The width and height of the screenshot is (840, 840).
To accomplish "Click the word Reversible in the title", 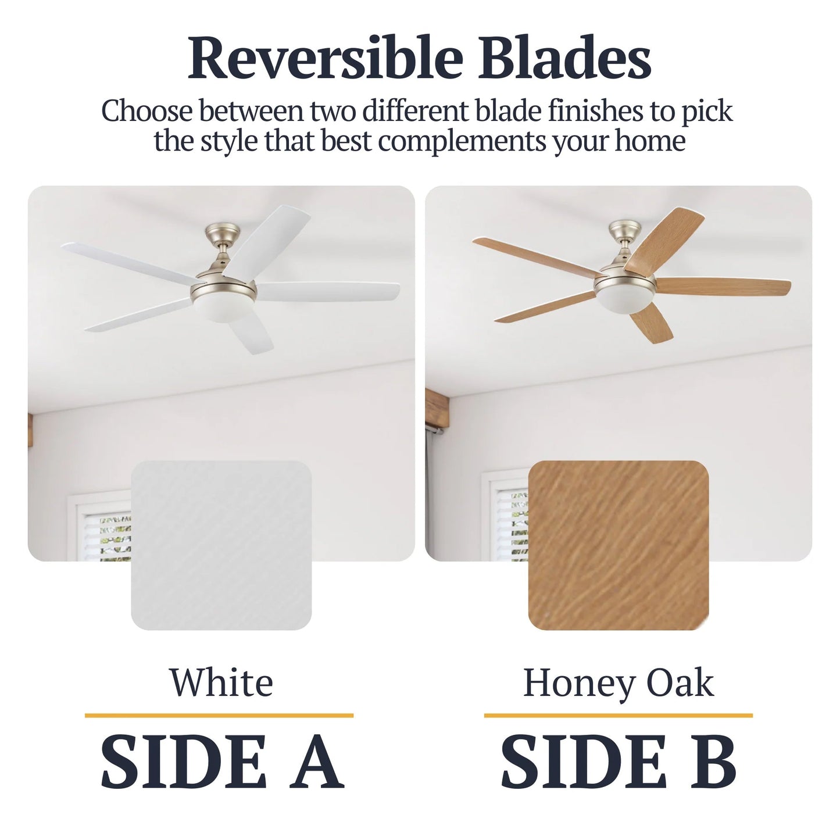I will click(x=326, y=58).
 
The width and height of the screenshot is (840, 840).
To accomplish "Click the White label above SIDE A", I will click(x=221, y=682).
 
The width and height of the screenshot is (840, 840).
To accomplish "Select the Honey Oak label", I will click(x=618, y=682).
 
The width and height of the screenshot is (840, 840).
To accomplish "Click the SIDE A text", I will click(x=221, y=761).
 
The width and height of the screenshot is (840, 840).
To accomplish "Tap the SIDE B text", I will click(x=618, y=761).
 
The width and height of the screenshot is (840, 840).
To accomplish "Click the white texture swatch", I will click(x=221, y=545).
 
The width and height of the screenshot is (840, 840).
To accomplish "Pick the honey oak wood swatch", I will click(x=618, y=545).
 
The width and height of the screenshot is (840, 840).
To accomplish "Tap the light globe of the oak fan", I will click(x=624, y=303).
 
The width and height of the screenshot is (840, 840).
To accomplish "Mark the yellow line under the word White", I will click(x=219, y=715).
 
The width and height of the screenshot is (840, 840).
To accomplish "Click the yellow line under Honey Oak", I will click(x=618, y=715).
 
